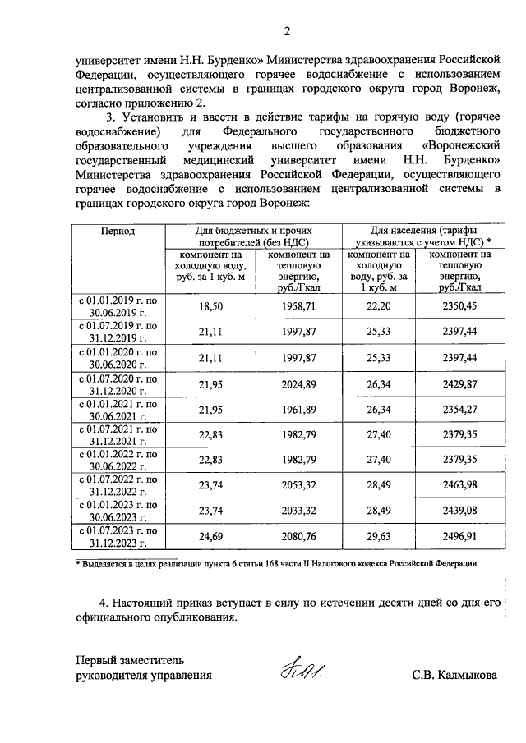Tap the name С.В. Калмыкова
pos(454,676)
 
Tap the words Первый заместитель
pos(131,659)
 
